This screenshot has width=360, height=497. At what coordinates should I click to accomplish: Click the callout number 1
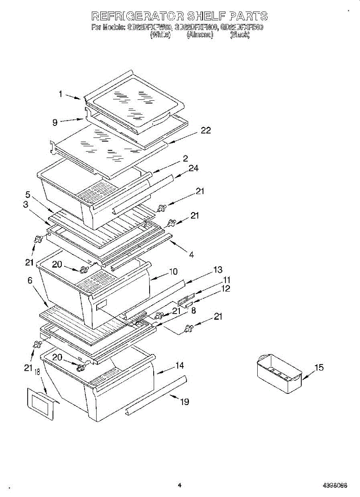(60, 94)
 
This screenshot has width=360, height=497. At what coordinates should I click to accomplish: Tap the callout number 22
(206, 130)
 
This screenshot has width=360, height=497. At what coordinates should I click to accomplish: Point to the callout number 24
(193, 168)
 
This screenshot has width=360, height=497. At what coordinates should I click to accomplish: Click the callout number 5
(27, 194)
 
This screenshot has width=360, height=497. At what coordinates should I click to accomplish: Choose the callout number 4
(191, 255)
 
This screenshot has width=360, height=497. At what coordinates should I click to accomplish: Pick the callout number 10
(173, 272)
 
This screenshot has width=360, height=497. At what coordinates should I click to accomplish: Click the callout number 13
(218, 270)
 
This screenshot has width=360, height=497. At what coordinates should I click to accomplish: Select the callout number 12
(226, 289)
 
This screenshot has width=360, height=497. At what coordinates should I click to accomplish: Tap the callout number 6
(30, 280)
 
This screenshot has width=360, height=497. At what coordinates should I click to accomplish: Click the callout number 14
(179, 366)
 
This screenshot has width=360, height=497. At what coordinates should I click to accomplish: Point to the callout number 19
(185, 401)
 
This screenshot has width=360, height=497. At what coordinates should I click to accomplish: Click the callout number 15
(319, 368)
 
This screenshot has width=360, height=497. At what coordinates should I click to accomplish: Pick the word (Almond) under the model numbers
(200, 35)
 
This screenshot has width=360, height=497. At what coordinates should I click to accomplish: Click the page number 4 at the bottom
(179, 485)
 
